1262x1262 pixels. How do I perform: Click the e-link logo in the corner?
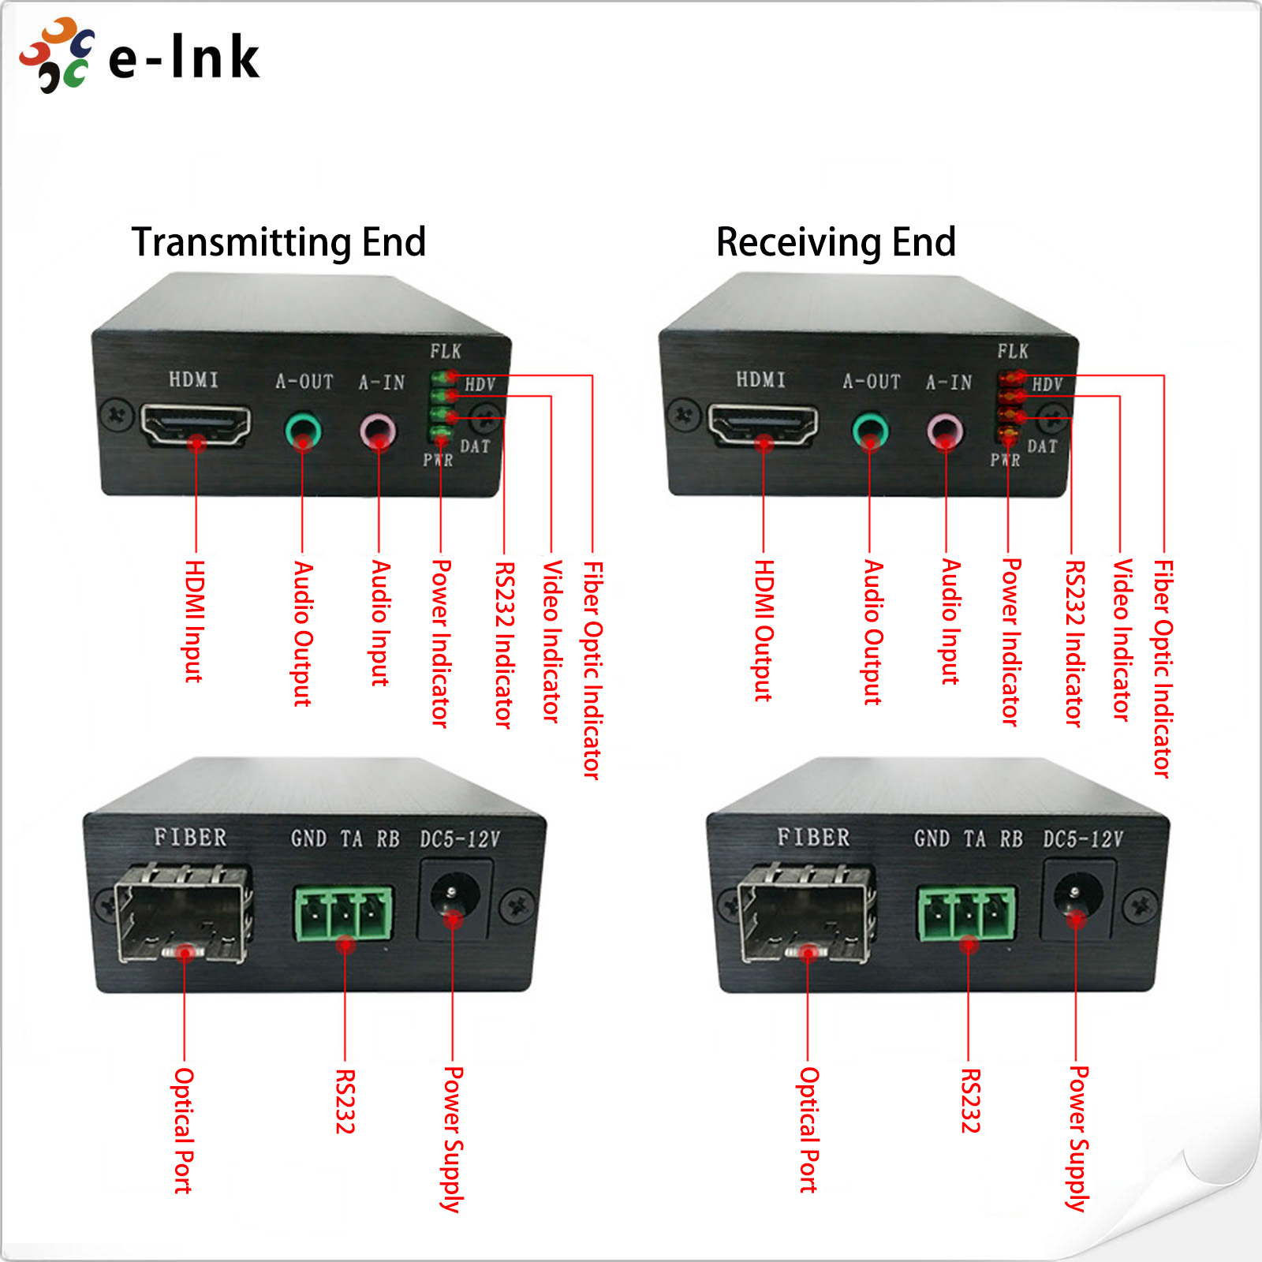pyautogui.click(x=140, y=56)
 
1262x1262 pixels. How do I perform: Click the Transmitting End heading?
pyautogui.click(x=278, y=242)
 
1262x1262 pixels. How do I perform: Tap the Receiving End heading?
pyautogui.click(x=836, y=242)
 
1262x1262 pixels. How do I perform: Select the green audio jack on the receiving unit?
pyautogui.click(x=870, y=431)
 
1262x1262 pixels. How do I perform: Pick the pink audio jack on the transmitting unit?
pyautogui.click(x=378, y=431)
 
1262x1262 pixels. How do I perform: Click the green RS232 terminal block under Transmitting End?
pyautogui.click(x=344, y=914)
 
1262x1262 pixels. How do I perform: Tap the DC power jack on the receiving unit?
pyautogui.click(x=1077, y=898)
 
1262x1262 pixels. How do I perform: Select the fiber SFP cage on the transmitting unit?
pyautogui.click(x=183, y=915)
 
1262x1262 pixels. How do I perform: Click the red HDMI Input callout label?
pyautogui.click(x=195, y=621)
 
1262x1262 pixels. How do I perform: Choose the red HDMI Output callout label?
pyautogui.click(x=764, y=630)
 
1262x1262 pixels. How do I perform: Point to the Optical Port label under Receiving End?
pyautogui.click(x=809, y=1129)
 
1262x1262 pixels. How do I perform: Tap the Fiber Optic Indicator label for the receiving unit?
pyautogui.click(x=1163, y=668)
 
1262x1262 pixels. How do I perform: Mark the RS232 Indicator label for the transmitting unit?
pyautogui.click(x=504, y=644)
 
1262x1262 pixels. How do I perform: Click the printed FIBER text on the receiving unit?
pyautogui.click(x=813, y=837)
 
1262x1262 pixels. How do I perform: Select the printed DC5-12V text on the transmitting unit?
pyautogui.click(x=460, y=839)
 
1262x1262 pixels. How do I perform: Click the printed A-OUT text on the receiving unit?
pyautogui.click(x=872, y=382)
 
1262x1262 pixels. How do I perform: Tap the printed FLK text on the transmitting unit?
pyautogui.click(x=446, y=351)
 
